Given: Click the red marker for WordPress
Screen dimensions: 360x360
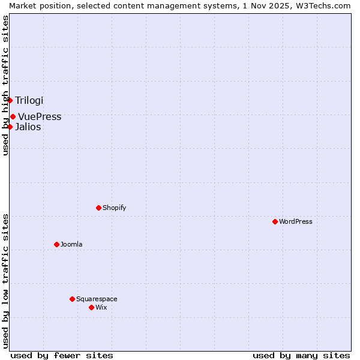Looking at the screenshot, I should pyautogui.click(x=275, y=221).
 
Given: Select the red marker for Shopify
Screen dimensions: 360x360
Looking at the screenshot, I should pyautogui.click(x=98, y=208).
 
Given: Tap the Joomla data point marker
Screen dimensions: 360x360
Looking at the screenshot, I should pyautogui.click(x=56, y=244).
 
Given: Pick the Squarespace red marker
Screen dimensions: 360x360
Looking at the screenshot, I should pyautogui.click(x=72, y=299).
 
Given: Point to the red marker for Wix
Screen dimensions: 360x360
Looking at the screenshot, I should pyautogui.click(x=91, y=307).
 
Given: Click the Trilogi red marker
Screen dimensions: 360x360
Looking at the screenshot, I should pyautogui.click(x=10, y=100).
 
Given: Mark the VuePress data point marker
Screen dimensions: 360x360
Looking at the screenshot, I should pyautogui.click(x=13, y=116).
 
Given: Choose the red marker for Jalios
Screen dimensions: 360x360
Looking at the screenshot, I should pyautogui.click(x=10, y=127).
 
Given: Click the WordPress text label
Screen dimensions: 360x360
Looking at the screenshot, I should pyautogui.click(x=296, y=221).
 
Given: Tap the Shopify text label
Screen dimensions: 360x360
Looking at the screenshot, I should pyautogui.click(x=114, y=208).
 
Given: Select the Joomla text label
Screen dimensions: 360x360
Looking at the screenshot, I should pyautogui.click(x=71, y=244).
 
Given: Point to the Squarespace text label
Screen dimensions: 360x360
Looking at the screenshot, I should pyautogui.click(x=97, y=299).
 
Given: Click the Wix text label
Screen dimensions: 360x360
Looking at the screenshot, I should pyautogui.click(x=101, y=307).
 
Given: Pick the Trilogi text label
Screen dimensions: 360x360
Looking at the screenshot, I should pyautogui.click(x=29, y=100).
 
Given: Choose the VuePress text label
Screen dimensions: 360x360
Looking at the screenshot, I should pyautogui.click(x=40, y=116).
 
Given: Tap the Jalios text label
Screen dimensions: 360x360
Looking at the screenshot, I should pyautogui.click(x=28, y=127).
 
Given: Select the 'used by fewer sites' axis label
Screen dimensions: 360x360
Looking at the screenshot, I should pyautogui.click(x=62, y=355).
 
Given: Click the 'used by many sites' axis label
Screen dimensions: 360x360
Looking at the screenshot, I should pyautogui.click(x=301, y=355).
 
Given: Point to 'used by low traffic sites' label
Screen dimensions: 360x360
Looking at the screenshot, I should pyautogui.click(x=5, y=281).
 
